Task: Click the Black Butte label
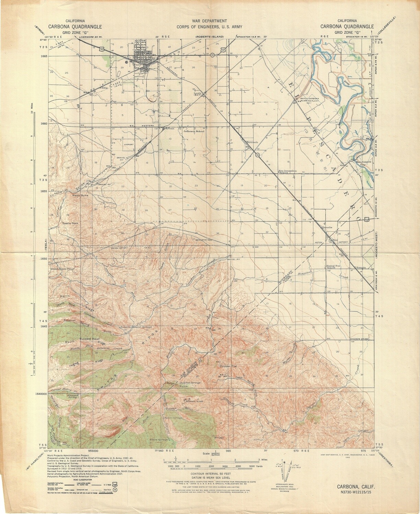[x=80, y=195]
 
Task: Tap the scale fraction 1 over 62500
[x=215, y=453]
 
